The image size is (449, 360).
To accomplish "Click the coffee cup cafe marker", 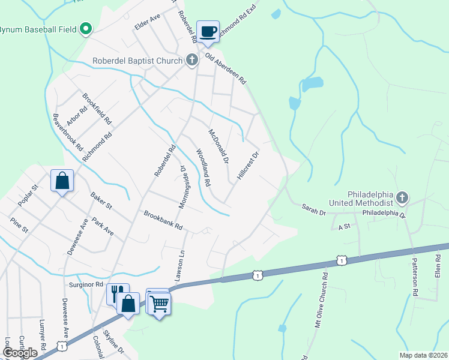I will [x=208, y=32].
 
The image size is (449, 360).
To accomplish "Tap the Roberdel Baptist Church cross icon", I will [x=191, y=59].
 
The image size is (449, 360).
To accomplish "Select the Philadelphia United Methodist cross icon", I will [x=402, y=197].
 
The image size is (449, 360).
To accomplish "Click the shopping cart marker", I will [x=158, y=304].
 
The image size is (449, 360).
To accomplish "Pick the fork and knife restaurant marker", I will [x=118, y=293].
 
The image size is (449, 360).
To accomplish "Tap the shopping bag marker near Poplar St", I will [x=62, y=180].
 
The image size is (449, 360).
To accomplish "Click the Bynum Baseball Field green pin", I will [x=86, y=28].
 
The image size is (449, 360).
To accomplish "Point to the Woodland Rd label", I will [x=202, y=167].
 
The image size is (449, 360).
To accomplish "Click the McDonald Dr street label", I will [x=219, y=146].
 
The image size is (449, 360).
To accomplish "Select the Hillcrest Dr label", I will [x=247, y=167].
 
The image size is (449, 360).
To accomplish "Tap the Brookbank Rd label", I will [x=162, y=221].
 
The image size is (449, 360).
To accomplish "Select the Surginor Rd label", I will [x=86, y=284].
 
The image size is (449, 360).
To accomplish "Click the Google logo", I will [x=20, y=352].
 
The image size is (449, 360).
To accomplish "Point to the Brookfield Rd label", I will [x=97, y=109].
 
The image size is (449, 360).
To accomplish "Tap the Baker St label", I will [x=101, y=201].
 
